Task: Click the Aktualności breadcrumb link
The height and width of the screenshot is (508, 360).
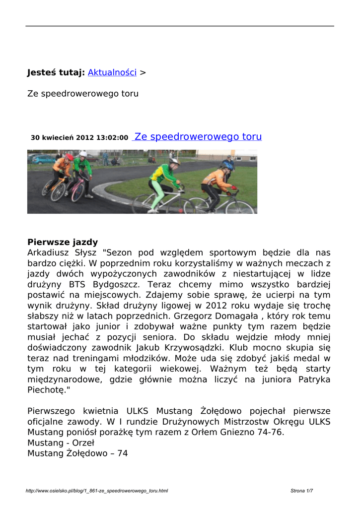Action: click(x=112, y=72)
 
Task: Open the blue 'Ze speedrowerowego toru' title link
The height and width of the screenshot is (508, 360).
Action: click(x=198, y=137)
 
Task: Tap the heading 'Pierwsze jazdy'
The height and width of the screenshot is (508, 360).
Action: click(x=63, y=243)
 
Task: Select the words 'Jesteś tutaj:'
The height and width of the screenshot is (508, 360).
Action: click(x=56, y=72)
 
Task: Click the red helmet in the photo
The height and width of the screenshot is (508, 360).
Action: click(x=69, y=157)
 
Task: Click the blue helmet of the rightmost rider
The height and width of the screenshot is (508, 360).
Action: click(x=227, y=165)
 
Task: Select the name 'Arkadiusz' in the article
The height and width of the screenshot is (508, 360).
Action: click(x=49, y=253)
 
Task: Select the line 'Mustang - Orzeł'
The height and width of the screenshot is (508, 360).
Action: click(x=61, y=443)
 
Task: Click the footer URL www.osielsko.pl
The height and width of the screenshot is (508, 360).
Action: click(x=96, y=491)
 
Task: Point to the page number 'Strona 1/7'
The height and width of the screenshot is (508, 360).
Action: click(x=301, y=491)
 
